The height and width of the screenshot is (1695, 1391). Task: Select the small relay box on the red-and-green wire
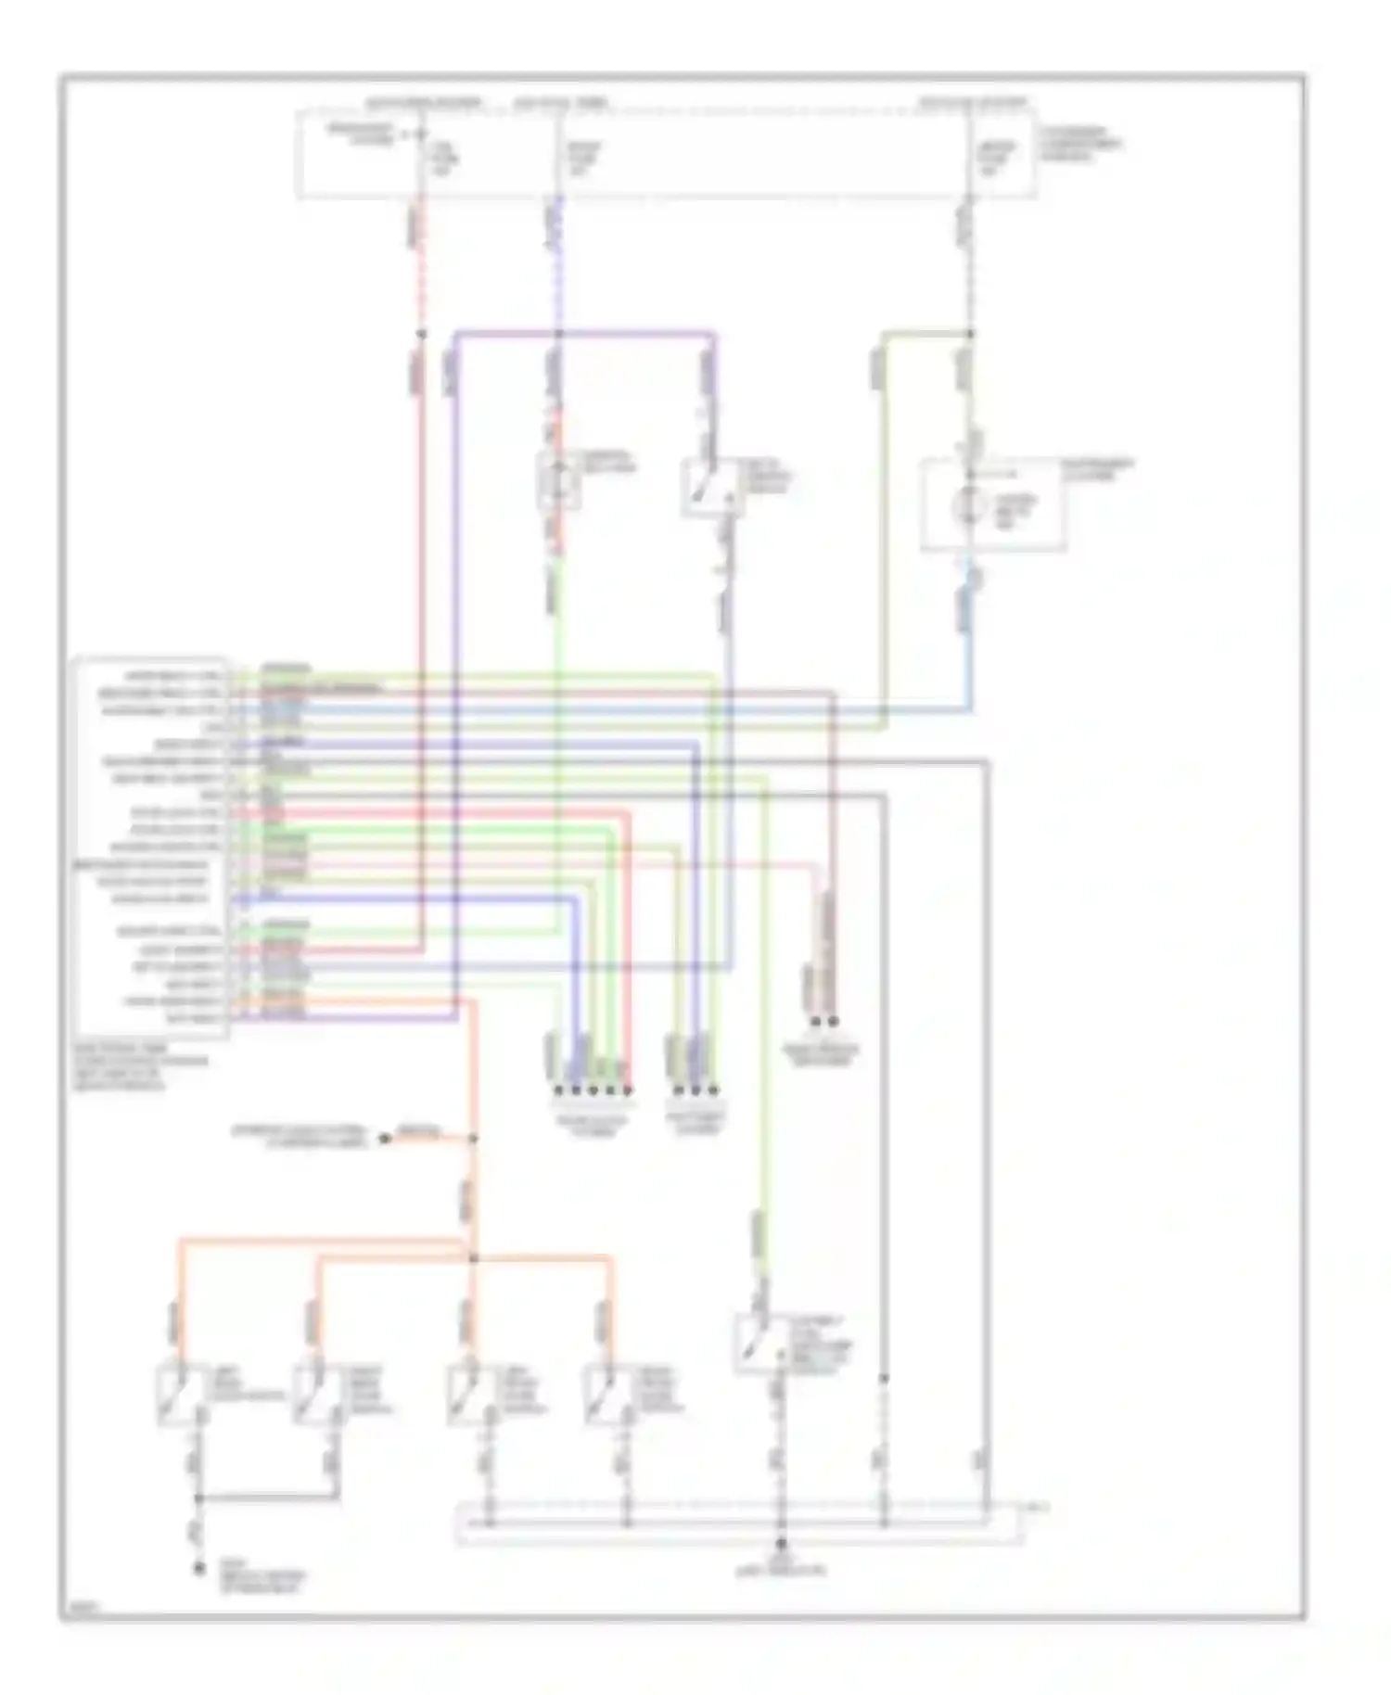pyautogui.click(x=558, y=480)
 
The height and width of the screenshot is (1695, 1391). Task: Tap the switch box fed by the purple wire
pyautogui.click(x=712, y=487)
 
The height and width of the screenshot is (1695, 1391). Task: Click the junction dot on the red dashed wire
pyautogui.click(x=421, y=334)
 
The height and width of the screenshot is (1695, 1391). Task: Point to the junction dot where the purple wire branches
pyautogui.click(x=558, y=334)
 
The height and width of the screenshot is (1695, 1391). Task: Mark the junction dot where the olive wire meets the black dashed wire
pyautogui.click(x=970, y=334)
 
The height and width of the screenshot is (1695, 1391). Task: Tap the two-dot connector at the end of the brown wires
pyautogui.click(x=824, y=1022)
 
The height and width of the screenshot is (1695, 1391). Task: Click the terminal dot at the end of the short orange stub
pyautogui.click(x=384, y=1138)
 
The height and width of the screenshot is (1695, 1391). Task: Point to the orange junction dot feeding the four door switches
pyautogui.click(x=473, y=1258)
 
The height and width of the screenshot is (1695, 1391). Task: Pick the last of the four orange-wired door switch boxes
pyautogui.click(x=608, y=1394)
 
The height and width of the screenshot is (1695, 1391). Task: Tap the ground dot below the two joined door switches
pyautogui.click(x=198, y=1569)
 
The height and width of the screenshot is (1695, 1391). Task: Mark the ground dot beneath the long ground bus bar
pyautogui.click(x=782, y=1544)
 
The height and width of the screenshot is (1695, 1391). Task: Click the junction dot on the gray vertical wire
pyautogui.click(x=884, y=1379)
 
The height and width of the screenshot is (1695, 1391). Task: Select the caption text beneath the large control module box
pyautogui.click(x=139, y=1066)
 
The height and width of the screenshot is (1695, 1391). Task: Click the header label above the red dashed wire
pyautogui.click(x=422, y=103)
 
